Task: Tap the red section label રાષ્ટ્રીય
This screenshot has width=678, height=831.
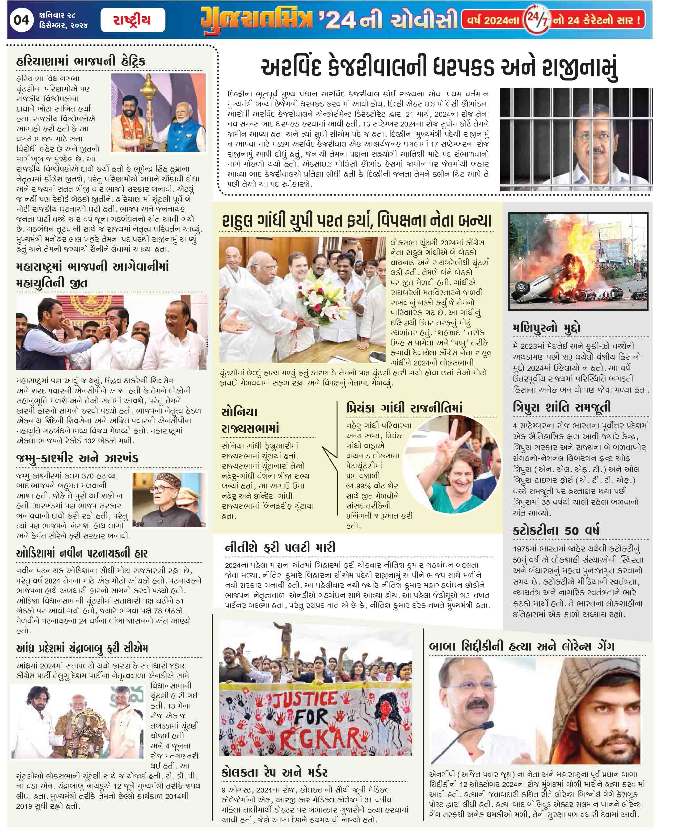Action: tap(132, 20)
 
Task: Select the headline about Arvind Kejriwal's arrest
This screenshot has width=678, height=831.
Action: tap(439, 68)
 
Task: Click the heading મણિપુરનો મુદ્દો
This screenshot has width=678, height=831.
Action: tap(547, 328)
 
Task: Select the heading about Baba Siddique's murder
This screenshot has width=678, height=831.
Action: tap(521, 646)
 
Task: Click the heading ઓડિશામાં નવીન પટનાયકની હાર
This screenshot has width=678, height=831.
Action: tap(82, 553)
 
